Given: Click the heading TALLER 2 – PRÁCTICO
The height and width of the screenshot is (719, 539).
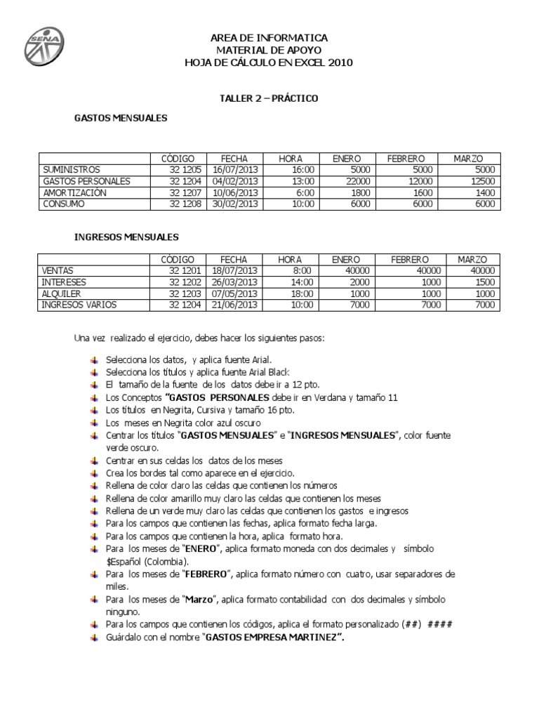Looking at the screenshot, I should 269,98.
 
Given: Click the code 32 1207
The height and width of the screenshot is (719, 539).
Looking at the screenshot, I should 185,192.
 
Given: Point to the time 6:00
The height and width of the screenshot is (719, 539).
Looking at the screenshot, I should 304,192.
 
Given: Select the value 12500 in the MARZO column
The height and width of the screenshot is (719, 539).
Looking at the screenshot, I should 483,181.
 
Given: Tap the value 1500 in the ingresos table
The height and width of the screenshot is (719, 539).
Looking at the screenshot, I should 485,282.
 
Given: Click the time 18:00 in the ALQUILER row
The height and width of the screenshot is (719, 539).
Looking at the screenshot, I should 302,293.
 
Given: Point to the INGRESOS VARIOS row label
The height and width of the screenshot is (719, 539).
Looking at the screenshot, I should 79,305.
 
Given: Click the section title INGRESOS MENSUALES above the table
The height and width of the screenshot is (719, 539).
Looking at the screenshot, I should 126,237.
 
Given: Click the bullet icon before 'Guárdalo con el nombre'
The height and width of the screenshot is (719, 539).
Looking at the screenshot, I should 95,637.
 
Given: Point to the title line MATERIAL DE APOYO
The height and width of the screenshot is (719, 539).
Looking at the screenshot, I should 269,50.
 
